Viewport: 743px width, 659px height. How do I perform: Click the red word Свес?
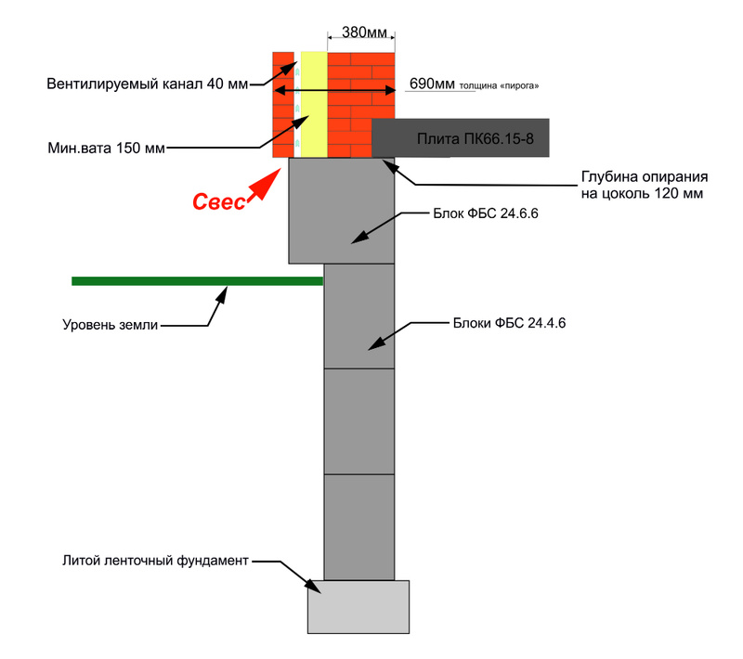(x=219, y=202)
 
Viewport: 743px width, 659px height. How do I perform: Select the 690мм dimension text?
(x=432, y=84)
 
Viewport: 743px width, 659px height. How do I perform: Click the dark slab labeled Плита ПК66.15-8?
(x=461, y=137)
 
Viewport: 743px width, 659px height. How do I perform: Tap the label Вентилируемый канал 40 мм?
(x=148, y=84)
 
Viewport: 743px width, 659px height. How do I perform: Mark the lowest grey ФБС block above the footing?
(x=358, y=526)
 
